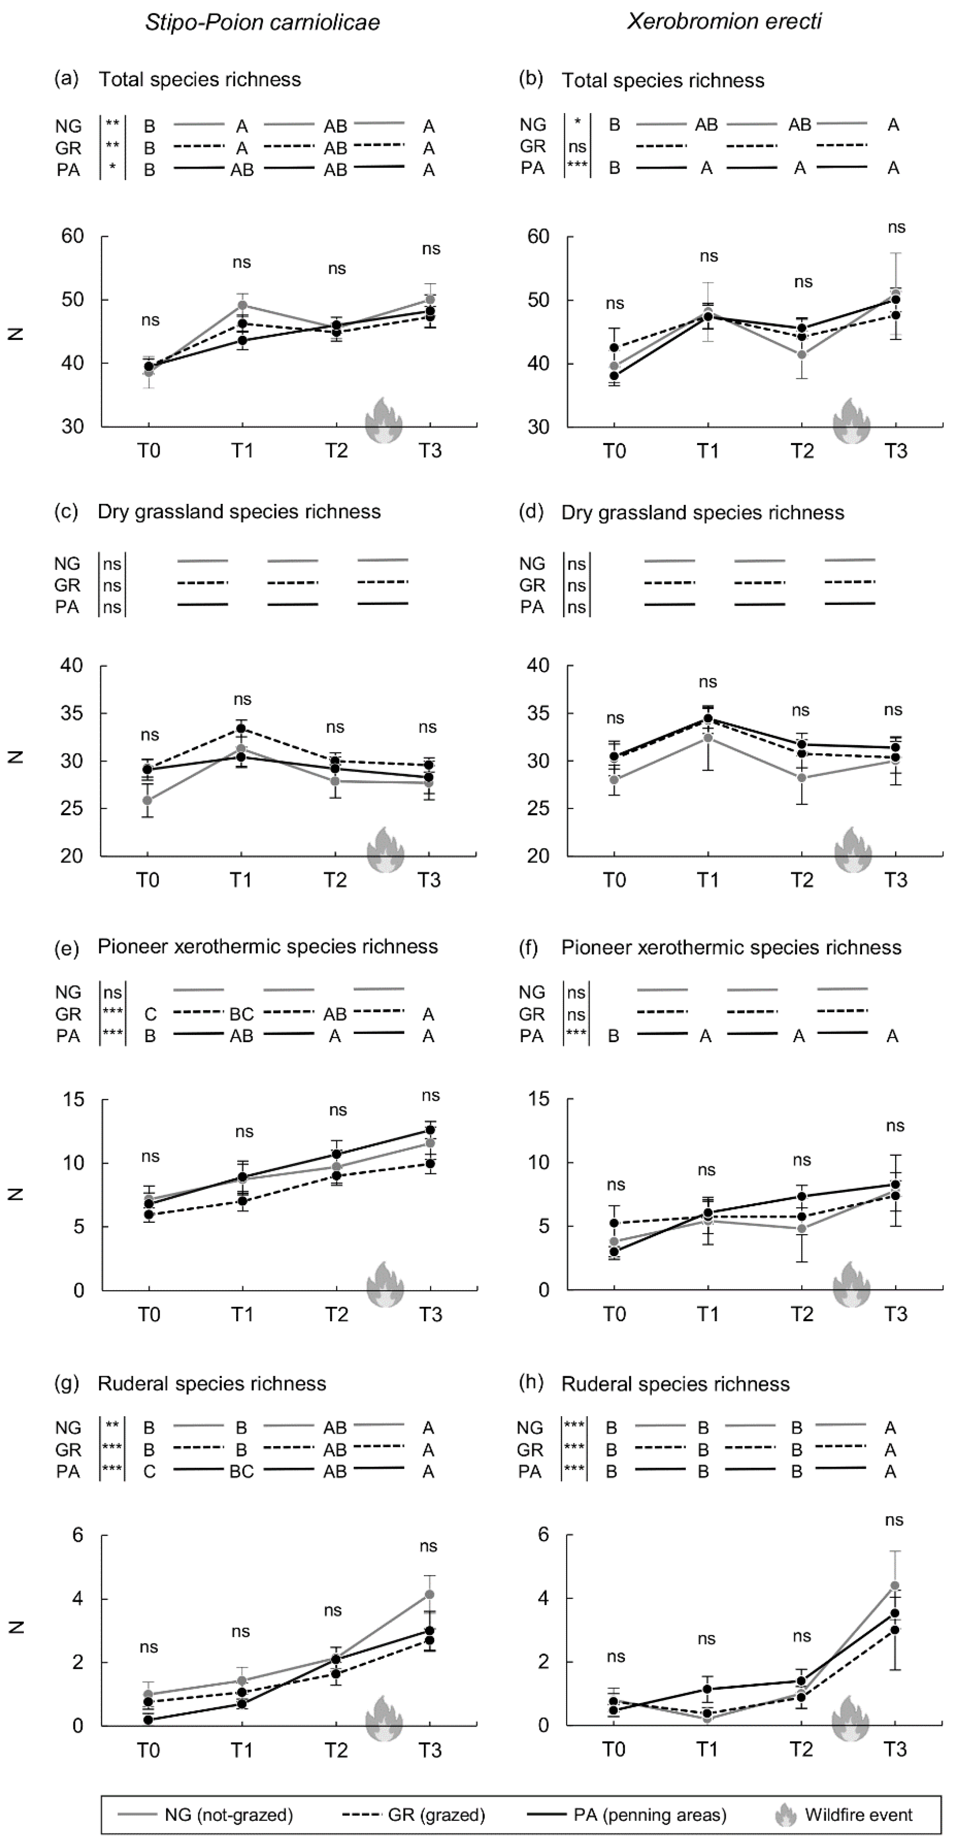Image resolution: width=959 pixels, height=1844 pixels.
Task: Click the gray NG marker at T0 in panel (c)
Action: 148,800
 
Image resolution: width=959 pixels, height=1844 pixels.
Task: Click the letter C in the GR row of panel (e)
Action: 149,1014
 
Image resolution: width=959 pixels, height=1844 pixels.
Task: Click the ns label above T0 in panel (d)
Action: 615,718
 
